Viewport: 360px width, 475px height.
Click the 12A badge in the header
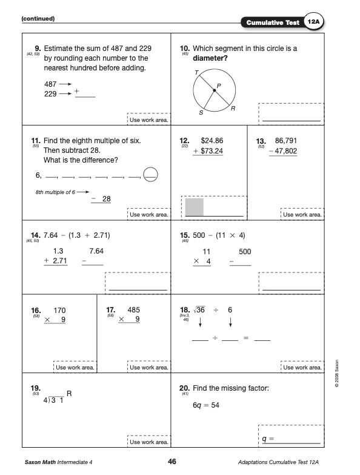[313, 22]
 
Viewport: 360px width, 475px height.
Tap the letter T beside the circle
[196, 72]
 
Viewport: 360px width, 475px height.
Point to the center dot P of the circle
[213, 90]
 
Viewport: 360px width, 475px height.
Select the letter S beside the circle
[201, 113]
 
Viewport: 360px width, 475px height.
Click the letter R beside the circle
[233, 109]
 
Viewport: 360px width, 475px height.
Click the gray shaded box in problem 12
[193, 206]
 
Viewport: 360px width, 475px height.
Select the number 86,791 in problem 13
[285, 140]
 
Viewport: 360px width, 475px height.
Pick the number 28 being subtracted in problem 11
[105, 198]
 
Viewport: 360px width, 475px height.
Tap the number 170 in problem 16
[60, 309]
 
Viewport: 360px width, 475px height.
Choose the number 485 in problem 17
[134, 309]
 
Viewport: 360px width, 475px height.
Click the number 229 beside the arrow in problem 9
[50, 94]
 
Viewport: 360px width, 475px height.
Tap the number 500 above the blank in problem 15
[245, 251]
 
